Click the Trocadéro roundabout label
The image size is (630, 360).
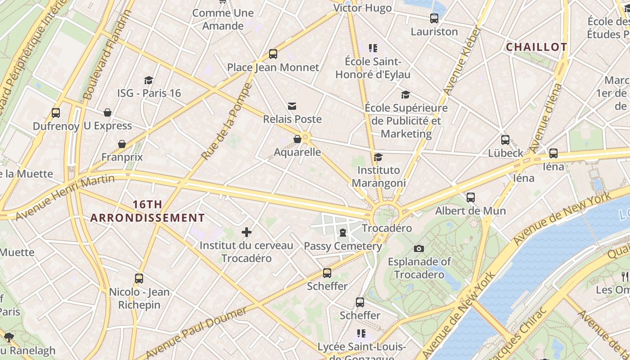[387, 228]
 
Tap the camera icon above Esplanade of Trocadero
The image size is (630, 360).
[419, 248]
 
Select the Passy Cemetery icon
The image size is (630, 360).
[343, 233]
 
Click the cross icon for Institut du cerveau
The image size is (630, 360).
[246, 232]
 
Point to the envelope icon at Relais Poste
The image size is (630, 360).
[292, 106]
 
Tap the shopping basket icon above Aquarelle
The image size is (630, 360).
[297, 139]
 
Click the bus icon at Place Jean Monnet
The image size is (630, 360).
[273, 54]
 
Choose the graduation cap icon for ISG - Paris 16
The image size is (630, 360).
[149, 80]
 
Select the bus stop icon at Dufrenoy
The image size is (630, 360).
[56, 113]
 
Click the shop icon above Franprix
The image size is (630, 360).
[121, 144]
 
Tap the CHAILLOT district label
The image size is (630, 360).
[536, 47]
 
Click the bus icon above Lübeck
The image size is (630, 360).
[505, 140]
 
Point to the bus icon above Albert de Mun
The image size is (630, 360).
[470, 198]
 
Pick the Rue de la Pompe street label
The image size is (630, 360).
[226, 121]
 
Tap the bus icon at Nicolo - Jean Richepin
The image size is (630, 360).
[139, 279]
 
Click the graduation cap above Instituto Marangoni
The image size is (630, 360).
[378, 157]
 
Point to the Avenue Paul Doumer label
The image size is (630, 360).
[196, 333]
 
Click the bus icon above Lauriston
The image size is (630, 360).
[434, 18]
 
